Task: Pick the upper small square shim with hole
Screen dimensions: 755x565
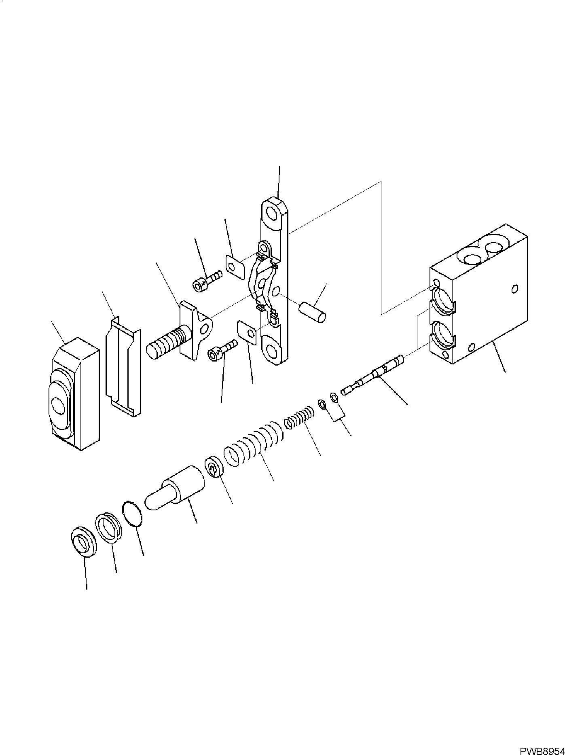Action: pyautogui.click(x=235, y=266)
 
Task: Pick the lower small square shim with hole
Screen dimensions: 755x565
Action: pyautogui.click(x=247, y=332)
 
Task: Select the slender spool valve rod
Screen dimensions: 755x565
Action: pyautogui.click(x=372, y=372)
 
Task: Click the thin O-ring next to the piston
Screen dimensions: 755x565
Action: pyautogui.click(x=133, y=514)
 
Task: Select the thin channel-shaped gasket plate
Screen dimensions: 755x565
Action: pyautogui.click(x=123, y=366)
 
